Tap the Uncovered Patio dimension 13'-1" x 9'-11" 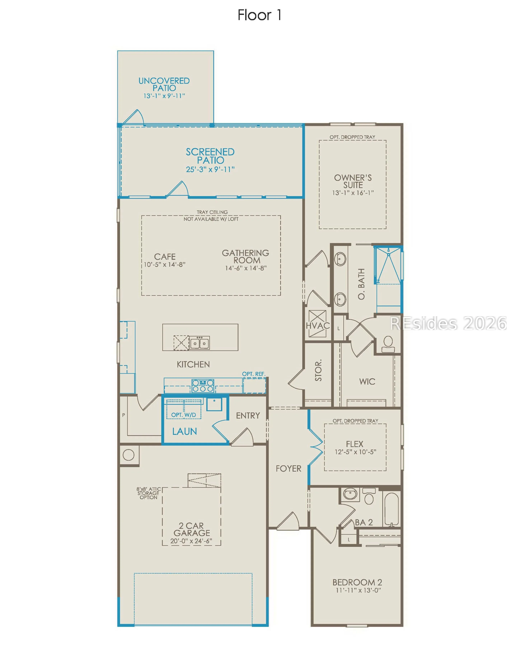(164, 96)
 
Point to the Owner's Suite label (353, 181)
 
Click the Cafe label (165, 257)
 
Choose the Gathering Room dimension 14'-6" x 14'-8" (246, 268)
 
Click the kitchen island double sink (199, 343)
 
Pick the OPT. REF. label (254, 374)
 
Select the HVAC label (318, 326)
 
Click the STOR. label (318, 370)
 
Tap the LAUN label (184, 431)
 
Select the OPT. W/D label (184, 415)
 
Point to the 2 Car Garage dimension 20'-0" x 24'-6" (191, 541)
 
